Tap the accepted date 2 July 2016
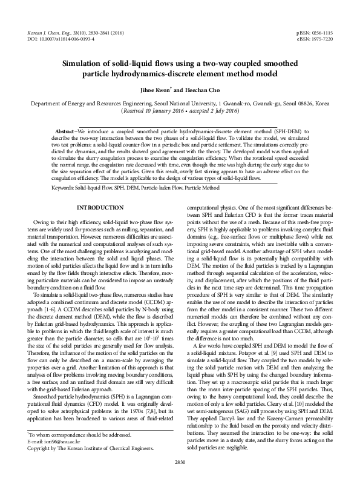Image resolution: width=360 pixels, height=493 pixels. [220, 111]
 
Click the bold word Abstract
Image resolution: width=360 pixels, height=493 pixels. [66, 131]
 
